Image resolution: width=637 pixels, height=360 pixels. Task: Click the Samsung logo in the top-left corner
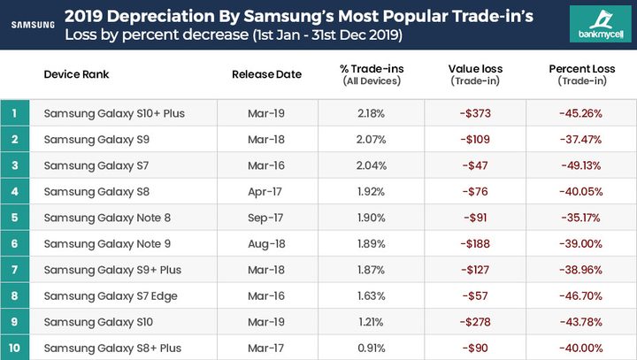[32, 25]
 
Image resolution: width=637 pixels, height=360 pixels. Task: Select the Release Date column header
[266, 74]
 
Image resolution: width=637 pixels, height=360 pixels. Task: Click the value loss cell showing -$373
[475, 113]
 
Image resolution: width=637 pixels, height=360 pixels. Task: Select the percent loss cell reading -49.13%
[580, 165]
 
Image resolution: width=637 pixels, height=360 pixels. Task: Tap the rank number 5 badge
[14, 218]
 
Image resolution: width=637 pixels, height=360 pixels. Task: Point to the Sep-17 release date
[266, 218]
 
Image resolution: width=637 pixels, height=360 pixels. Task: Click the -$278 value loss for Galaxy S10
[475, 322]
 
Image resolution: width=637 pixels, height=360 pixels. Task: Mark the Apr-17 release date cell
[266, 191]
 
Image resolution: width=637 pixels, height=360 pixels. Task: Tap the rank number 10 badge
[14, 348]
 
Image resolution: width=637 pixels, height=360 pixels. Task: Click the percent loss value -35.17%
[580, 218]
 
